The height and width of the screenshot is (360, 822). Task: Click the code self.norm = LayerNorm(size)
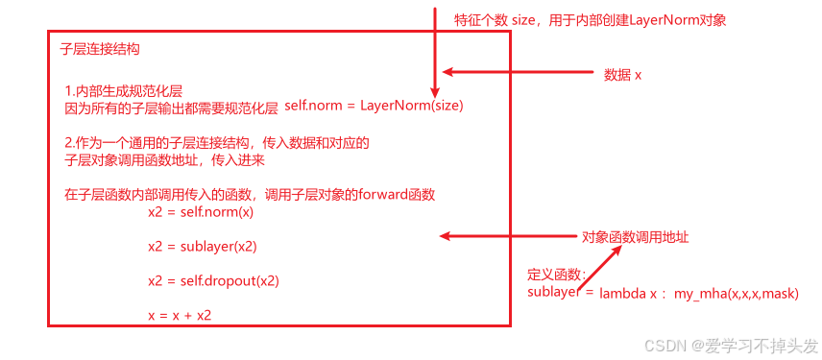374,106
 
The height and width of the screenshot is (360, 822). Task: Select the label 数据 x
622,74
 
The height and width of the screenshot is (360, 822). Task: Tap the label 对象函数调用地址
635,236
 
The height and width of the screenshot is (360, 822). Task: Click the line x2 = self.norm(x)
201,211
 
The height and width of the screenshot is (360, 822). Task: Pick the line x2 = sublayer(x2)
202,246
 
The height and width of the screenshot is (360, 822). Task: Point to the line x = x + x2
180,315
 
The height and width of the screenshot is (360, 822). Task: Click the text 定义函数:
557,274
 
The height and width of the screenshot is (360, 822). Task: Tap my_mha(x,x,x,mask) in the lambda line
736,292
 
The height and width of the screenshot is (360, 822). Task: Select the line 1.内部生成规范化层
124,90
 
